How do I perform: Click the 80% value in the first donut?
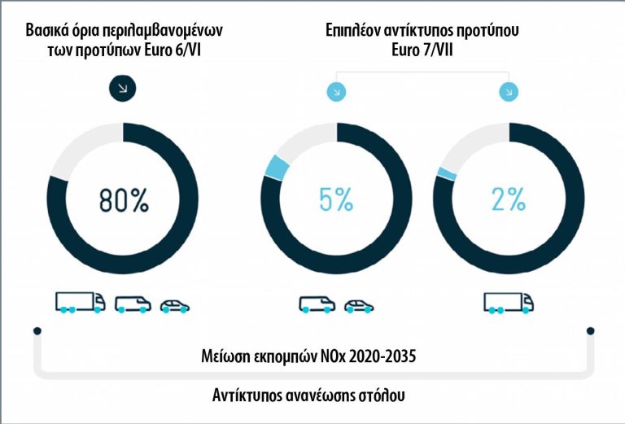coord(122,199)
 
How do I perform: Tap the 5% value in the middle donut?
coord(336,199)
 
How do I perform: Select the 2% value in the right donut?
coord(509,199)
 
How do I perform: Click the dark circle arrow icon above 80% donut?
coord(122,88)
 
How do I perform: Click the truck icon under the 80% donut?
coord(80,303)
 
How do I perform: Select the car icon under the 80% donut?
coord(175,306)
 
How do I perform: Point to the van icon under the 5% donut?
coord(317,305)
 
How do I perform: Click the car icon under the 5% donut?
coord(359,306)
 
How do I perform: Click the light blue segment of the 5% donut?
coord(277,168)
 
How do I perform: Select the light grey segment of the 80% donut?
coord(81,146)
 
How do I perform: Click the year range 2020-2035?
coord(382,356)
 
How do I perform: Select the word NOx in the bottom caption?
coord(330,356)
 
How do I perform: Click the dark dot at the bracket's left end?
coord(37,331)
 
